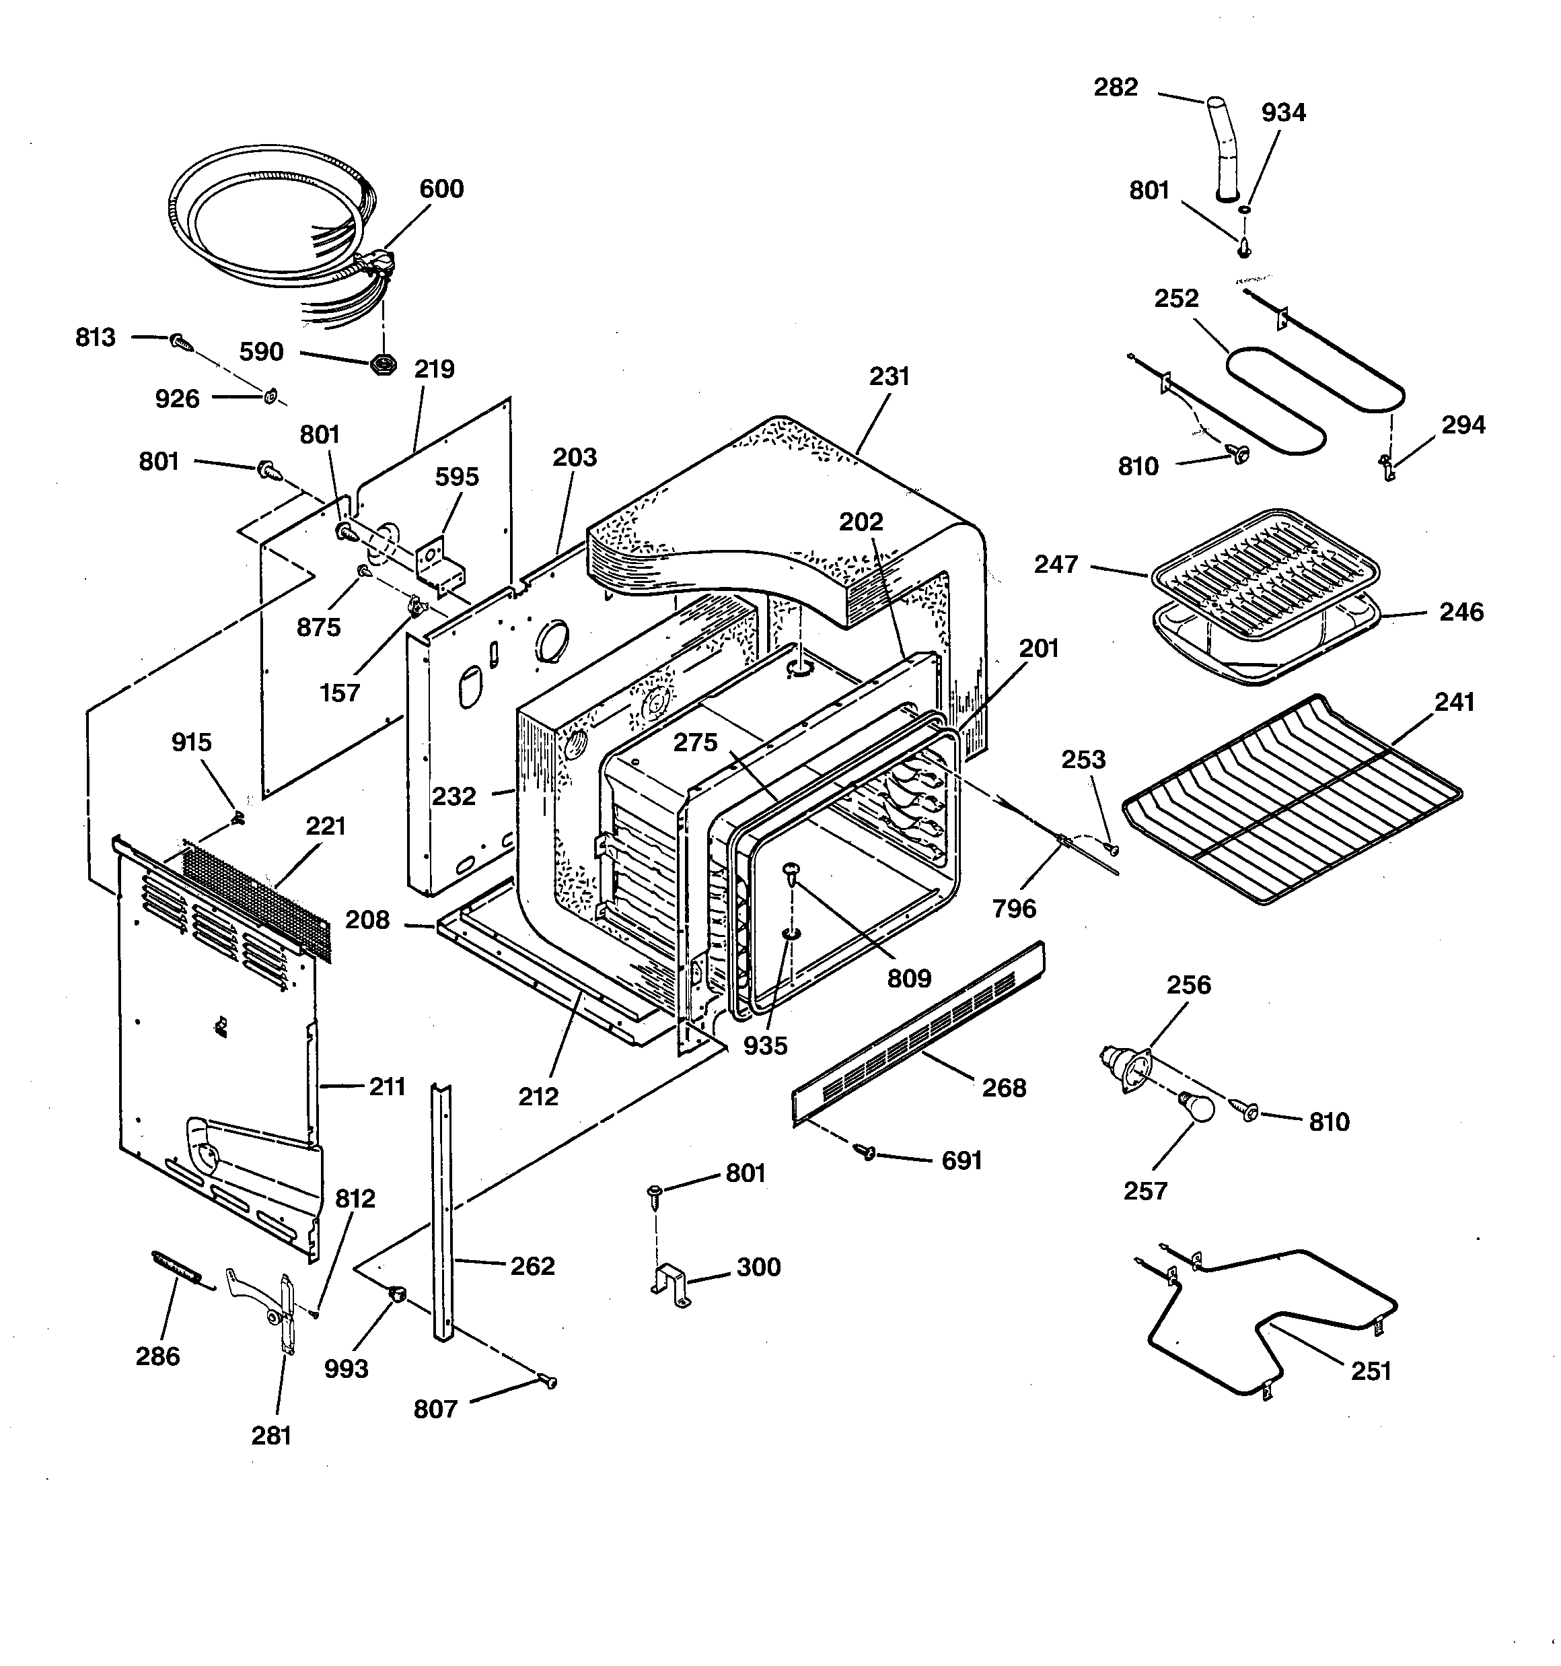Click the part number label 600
point(441,188)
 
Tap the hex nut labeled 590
point(383,366)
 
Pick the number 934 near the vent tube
point(1283,112)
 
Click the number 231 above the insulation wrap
point(889,376)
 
